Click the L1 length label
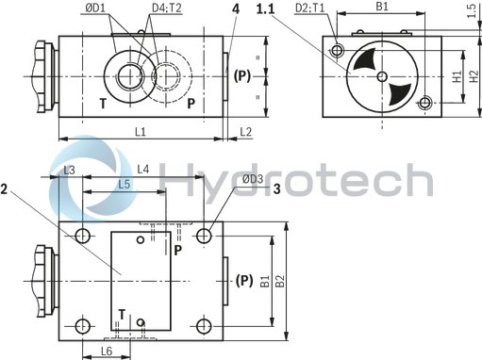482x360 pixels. [139, 133]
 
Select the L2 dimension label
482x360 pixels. [245, 133]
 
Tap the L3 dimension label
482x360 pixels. [69, 171]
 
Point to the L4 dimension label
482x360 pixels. [143, 170]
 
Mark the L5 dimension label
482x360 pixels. [125, 184]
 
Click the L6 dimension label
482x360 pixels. [107, 351]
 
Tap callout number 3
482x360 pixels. [278, 188]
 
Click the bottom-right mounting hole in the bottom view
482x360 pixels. [205, 326]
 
